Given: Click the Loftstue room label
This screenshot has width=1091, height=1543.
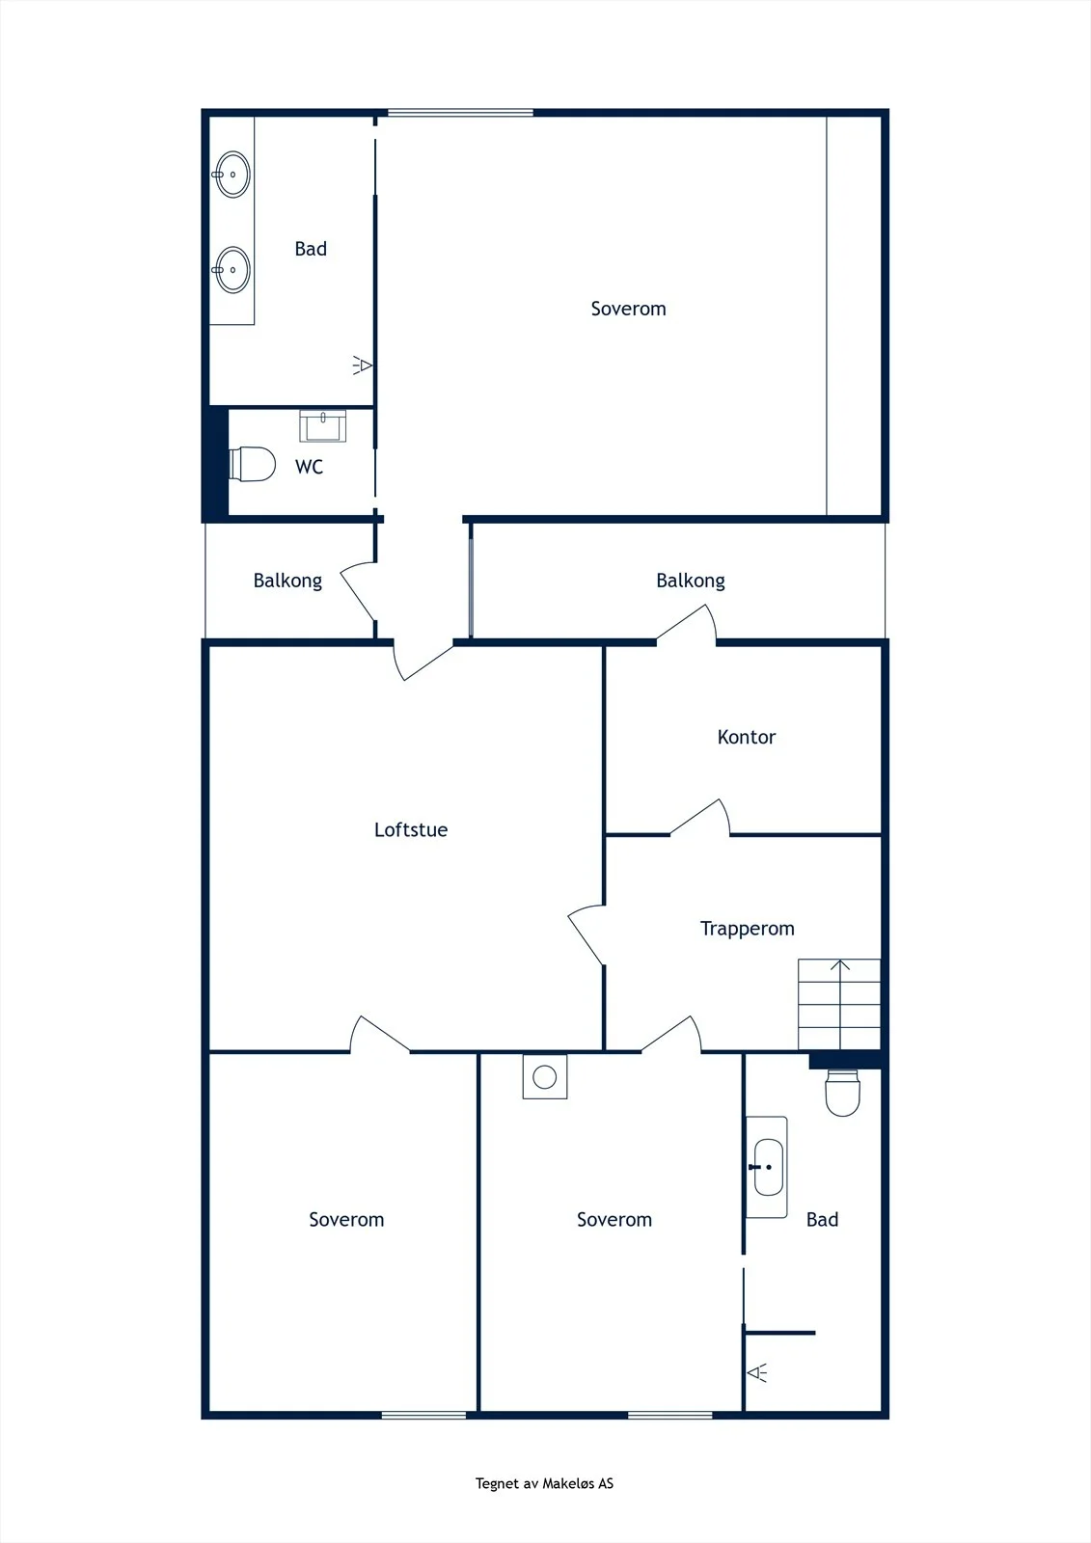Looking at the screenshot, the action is [411, 829].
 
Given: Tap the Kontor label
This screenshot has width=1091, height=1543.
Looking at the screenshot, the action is [747, 737].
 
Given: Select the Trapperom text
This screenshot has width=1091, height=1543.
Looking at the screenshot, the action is [747, 929].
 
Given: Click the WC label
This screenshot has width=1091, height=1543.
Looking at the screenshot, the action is [309, 467].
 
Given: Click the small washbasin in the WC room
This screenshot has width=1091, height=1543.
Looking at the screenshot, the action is [322, 425].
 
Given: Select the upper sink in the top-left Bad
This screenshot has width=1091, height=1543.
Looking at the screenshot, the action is [232, 175].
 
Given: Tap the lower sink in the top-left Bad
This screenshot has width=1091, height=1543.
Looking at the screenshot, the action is [232, 270].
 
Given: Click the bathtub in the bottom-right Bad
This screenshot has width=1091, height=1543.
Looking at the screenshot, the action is [766, 1167].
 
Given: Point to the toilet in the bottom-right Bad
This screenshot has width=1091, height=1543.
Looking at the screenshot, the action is [842, 1093].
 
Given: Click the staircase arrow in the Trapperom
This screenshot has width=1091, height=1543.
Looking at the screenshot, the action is [840, 1004].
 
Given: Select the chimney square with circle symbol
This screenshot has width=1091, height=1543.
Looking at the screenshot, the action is [544, 1076].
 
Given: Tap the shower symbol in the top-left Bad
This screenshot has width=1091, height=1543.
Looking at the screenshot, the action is [363, 365].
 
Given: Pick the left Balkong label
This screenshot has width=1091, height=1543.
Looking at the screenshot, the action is [287, 581].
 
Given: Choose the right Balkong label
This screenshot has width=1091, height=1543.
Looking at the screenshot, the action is [691, 581].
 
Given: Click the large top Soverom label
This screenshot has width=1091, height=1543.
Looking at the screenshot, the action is [629, 309].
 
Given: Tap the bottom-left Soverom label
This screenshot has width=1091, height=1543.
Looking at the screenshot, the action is [346, 1219].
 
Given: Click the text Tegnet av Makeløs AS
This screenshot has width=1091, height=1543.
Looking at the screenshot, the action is [544, 1483].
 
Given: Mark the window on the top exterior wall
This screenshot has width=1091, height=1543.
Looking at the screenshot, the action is [460, 112].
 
